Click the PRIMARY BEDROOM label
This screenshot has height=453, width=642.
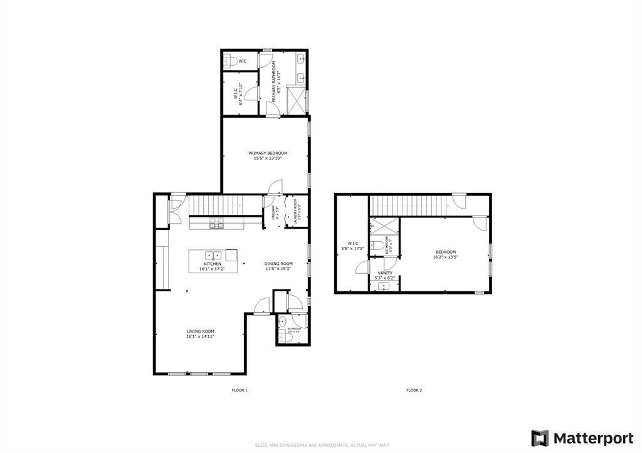pos(268,154)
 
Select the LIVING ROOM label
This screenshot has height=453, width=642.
pos(200,331)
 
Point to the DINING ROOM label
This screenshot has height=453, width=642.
pos(278,264)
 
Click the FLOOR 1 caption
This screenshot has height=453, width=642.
pos(239,390)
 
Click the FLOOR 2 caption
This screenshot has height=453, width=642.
pos(414,390)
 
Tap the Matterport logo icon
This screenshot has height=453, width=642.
pos(540,438)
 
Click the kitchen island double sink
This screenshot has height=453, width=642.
pos(213,255)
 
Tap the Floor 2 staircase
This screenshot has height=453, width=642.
pos(411,204)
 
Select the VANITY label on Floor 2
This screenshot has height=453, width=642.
pos(384,273)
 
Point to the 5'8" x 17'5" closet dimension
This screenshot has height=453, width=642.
pos(351,249)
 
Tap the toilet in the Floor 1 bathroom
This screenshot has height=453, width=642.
pos(286,338)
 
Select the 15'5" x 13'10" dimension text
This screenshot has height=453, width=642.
pos(268,159)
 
